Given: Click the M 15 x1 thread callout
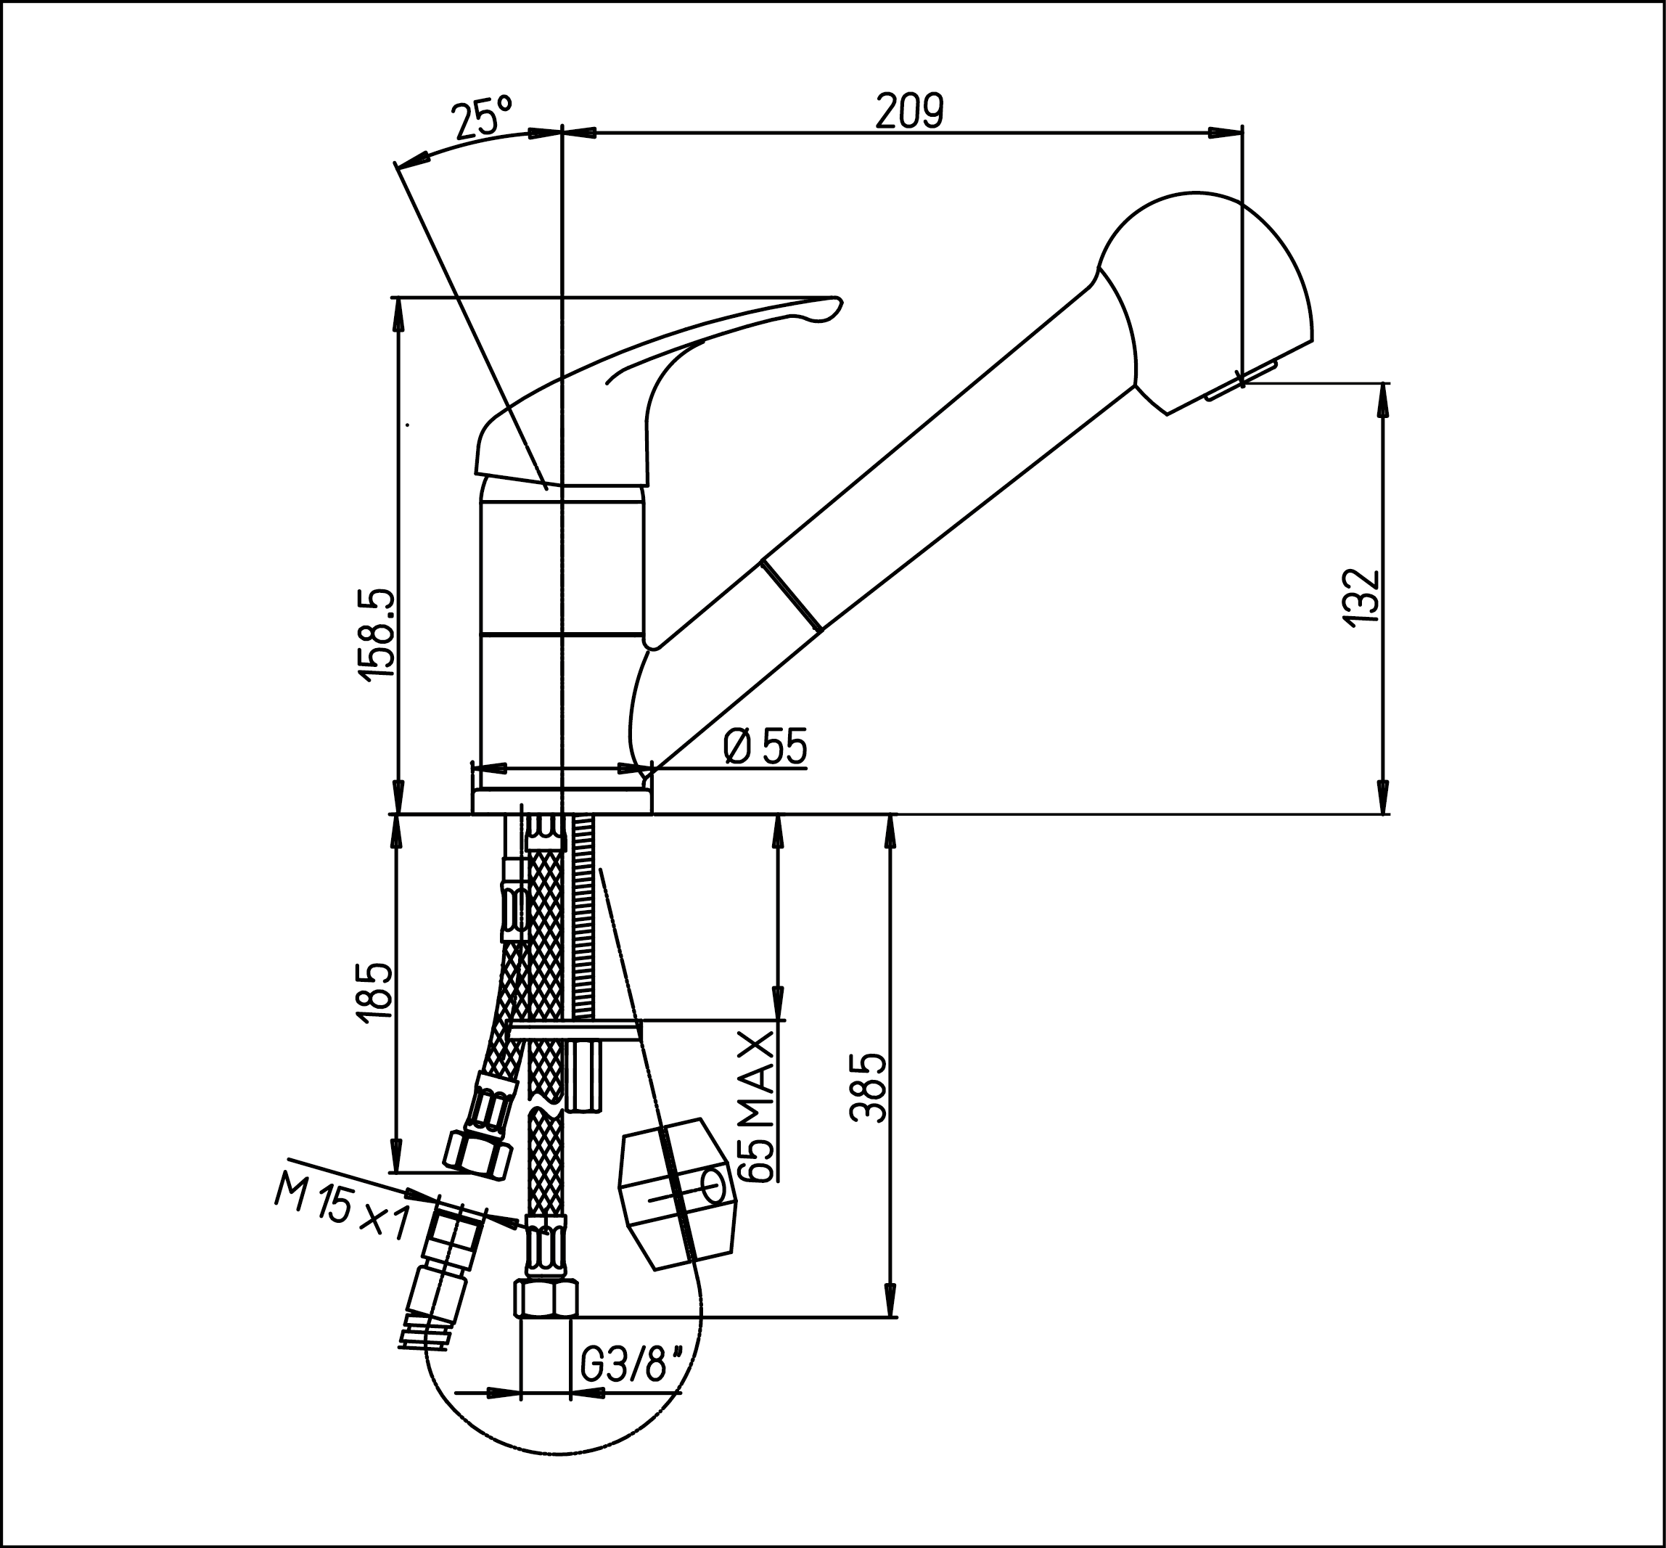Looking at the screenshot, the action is click(x=342, y=1212).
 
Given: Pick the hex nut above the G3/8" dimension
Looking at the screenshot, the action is click(x=545, y=1299).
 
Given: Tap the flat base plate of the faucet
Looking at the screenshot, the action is click(x=561, y=800).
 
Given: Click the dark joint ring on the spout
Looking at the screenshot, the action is click(x=792, y=594).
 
